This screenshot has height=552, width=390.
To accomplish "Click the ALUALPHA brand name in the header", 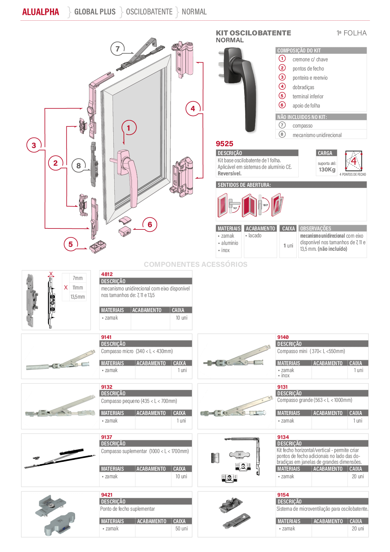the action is [41, 12].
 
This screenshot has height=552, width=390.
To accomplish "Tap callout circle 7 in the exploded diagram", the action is [118, 49].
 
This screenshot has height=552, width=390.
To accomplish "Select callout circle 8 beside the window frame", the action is [79, 166].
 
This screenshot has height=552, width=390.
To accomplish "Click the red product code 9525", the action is [224, 144].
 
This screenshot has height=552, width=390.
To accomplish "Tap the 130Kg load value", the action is [327, 169].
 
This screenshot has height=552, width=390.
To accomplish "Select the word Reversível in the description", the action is [230, 173].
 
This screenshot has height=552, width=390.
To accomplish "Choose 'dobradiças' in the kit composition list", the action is [303, 87].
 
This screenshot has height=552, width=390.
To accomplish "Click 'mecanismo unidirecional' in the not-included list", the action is [317, 135].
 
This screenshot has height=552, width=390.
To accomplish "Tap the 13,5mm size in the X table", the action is [78, 297].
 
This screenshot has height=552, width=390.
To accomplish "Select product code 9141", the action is [106, 337].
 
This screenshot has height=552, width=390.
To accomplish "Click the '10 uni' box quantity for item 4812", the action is [181, 318].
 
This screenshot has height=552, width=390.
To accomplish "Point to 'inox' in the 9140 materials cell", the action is [285, 376].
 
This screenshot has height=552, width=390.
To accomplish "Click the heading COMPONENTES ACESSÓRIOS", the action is [195, 264].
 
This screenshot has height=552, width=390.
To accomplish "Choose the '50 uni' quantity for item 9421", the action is [181, 528].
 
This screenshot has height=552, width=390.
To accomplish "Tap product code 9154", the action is [283, 495].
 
